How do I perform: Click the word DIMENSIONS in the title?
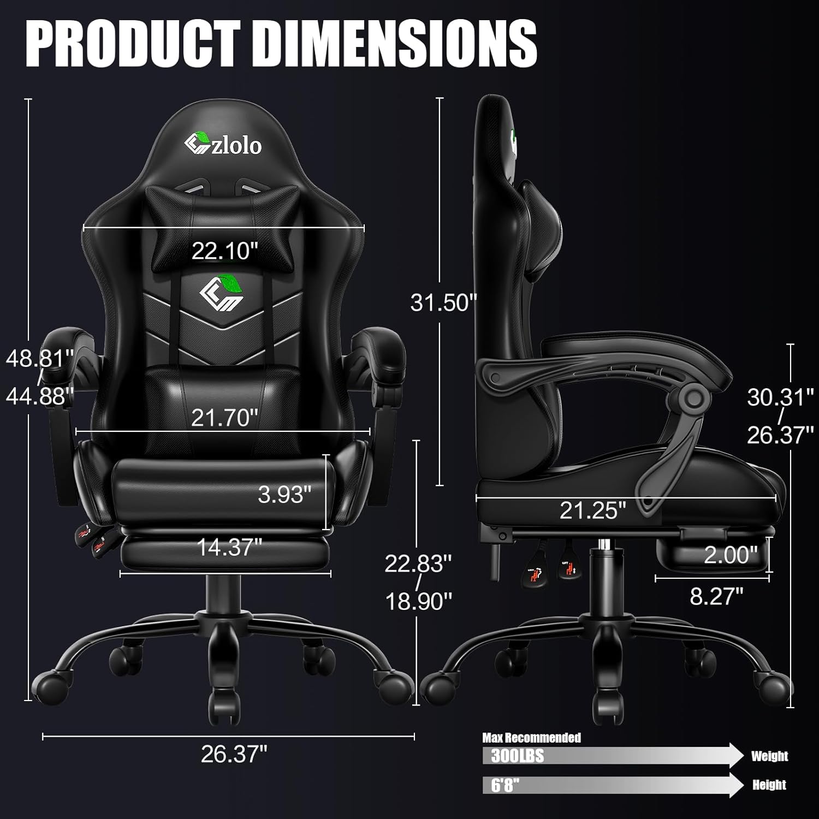tap(395, 44)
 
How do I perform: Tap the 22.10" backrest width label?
tap(224, 251)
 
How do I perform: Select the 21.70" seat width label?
tap(224, 418)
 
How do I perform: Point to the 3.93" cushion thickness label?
tap(284, 495)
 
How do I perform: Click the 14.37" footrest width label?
tap(229, 547)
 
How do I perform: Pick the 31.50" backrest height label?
tap(444, 302)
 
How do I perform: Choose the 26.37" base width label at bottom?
tap(234, 755)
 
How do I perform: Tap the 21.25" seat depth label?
tap(592, 511)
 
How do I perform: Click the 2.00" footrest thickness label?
tap(731, 555)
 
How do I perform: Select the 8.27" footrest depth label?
tap(716, 596)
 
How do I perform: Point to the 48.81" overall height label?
tap(40, 359)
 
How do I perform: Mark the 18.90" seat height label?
tap(419, 602)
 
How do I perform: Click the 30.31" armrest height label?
tap(780, 397)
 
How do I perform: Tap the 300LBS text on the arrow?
tap(517, 756)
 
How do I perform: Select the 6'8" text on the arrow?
tap(505, 785)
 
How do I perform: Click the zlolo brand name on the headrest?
tap(236, 146)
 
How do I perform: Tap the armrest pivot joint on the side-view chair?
tap(694, 398)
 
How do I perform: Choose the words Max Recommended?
tap(531, 738)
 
